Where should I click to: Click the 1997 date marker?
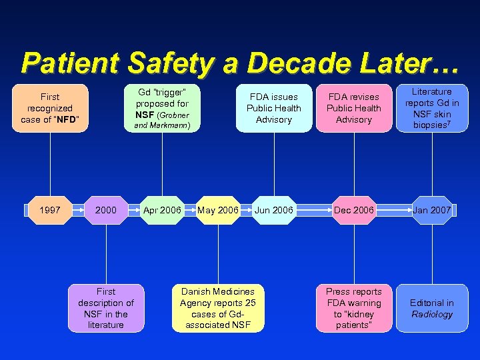point(50,210)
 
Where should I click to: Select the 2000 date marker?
point(106,210)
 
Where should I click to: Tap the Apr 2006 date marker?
point(162,210)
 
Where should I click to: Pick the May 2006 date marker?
point(218,210)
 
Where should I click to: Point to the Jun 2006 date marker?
point(273,210)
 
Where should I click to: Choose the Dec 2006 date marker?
point(354,210)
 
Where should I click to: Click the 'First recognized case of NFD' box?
point(50,108)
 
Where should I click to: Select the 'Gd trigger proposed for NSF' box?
point(162,108)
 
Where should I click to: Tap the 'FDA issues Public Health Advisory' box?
point(273,108)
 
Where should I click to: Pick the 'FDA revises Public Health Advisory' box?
point(354,108)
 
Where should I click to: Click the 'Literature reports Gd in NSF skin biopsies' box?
point(431,108)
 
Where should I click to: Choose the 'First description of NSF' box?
point(106,308)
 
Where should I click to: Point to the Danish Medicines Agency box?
point(218,308)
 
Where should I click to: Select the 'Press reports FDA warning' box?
point(354,308)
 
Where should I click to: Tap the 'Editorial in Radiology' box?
point(431,308)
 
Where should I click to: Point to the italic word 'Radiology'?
point(431,315)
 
